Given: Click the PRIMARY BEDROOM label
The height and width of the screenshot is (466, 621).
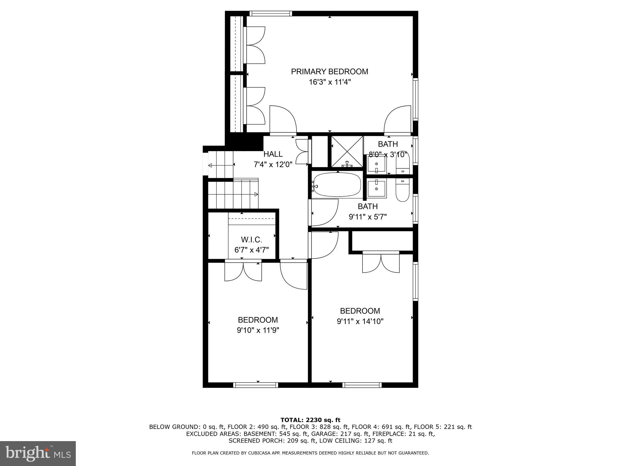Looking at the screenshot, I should (329, 72).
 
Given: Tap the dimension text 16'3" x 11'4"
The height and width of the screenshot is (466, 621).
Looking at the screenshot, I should (329, 82).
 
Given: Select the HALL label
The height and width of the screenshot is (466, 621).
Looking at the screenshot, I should (273, 154).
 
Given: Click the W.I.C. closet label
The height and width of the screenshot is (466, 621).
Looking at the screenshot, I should (251, 240).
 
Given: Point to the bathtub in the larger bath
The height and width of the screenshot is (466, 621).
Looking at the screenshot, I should (337, 185).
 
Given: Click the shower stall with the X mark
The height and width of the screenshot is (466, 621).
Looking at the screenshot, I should (347, 151).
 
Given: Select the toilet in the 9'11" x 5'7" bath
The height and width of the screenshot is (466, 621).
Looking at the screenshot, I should (403, 190).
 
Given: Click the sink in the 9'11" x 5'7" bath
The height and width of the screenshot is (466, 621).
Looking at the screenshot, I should (377, 189).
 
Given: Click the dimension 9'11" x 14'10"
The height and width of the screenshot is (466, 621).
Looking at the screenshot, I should (360, 321).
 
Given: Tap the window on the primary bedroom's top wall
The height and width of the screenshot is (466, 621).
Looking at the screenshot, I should (270, 13).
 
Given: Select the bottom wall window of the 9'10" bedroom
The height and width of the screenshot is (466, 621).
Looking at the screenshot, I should (255, 385).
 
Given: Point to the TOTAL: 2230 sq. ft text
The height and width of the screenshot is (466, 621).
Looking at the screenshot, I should (310, 420).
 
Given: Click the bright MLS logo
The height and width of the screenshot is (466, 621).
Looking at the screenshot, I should (38, 453).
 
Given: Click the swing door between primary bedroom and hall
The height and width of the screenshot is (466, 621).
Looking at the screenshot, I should (283, 121).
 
